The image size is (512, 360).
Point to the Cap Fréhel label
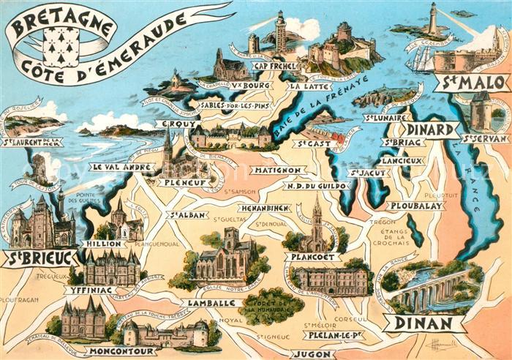pos(274,66)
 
